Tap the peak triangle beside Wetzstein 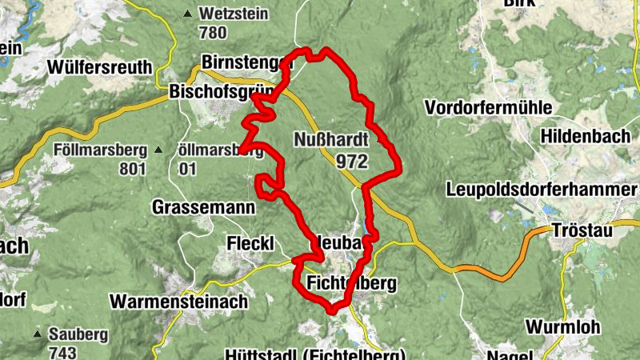(x=188, y=14)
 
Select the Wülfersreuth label (x=99, y=66)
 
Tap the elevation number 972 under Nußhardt (x=352, y=162)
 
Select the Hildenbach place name (x=586, y=137)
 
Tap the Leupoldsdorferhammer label (x=542, y=190)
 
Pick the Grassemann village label (x=203, y=207)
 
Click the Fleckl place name (x=250, y=242)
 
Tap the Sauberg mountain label (x=77, y=334)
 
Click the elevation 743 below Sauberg (x=62, y=352)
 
